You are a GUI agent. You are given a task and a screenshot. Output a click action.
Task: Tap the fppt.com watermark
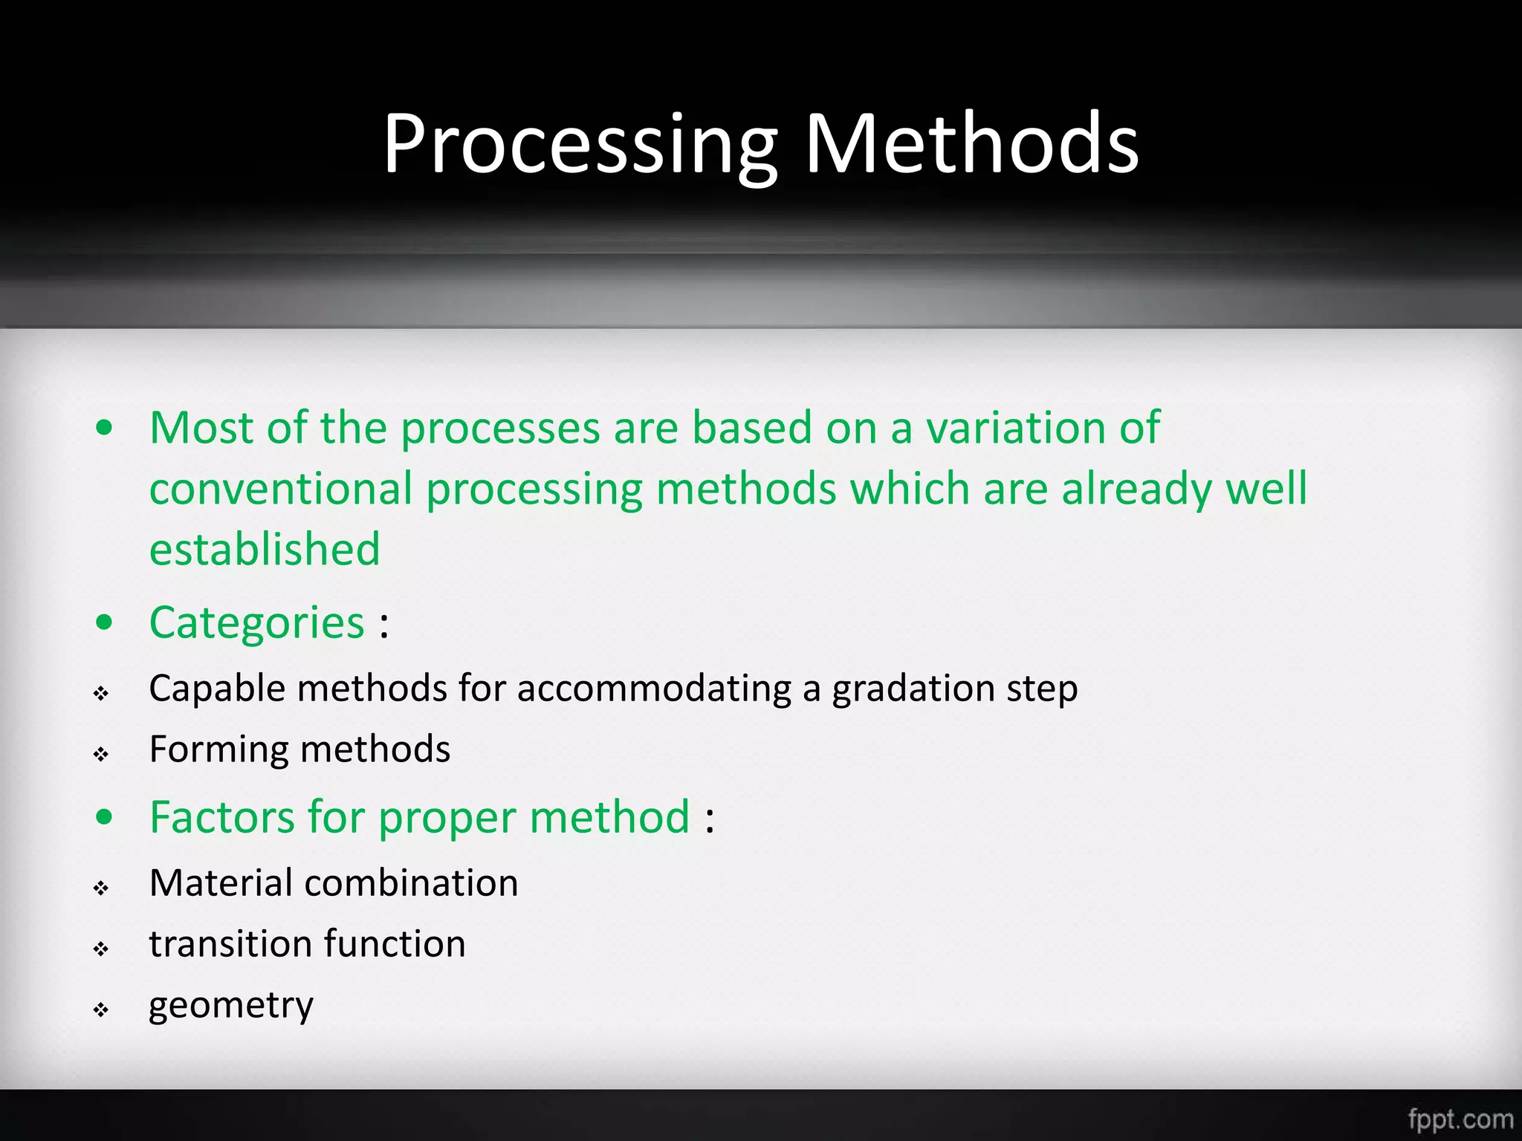(1460, 1119)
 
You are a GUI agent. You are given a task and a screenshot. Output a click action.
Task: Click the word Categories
(256, 623)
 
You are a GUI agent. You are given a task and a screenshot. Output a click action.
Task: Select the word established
(265, 550)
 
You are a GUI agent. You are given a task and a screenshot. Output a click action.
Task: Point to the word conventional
(280, 490)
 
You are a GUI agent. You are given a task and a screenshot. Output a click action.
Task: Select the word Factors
(221, 818)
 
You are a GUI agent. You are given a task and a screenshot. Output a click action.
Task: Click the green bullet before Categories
(105, 622)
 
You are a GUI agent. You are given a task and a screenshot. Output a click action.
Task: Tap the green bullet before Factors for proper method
(105, 817)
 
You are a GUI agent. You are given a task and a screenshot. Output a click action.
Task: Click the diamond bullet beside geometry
(102, 1010)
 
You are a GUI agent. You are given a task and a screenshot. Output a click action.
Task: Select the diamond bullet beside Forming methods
(102, 754)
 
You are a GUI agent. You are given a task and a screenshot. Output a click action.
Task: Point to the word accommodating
(654, 689)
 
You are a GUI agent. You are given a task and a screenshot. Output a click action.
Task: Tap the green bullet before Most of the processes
(105, 428)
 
